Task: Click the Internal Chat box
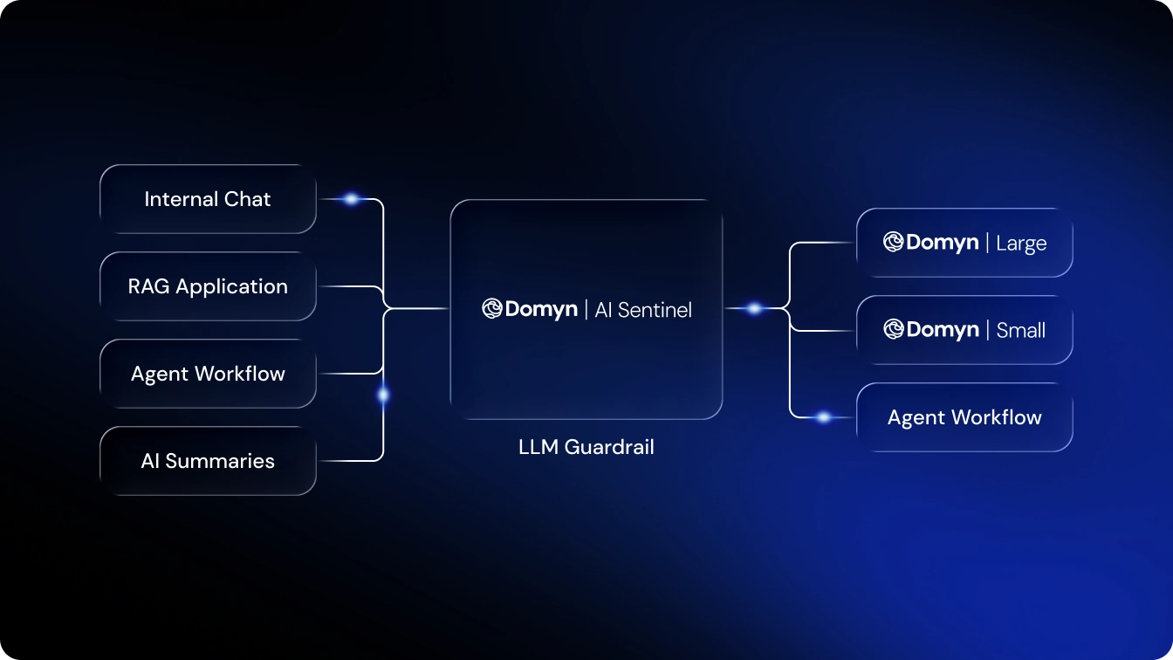coord(208,199)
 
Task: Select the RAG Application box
coord(208,286)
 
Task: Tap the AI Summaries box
coord(208,461)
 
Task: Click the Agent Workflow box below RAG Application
coord(208,374)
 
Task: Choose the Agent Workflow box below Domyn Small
coord(964,417)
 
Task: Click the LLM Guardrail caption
coord(586,448)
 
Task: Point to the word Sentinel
coord(655,309)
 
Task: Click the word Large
coord(1021,244)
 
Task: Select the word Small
coord(1021,331)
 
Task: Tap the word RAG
coord(149,286)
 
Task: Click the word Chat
coord(248,199)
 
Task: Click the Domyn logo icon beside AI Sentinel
coord(492,309)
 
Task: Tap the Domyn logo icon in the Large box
coord(893,242)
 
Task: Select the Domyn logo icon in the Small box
coord(893,329)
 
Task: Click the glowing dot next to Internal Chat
coord(351,199)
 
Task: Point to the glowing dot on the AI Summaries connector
coord(383,395)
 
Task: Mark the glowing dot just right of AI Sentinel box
coord(754,308)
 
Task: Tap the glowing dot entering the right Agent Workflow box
coord(823,417)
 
